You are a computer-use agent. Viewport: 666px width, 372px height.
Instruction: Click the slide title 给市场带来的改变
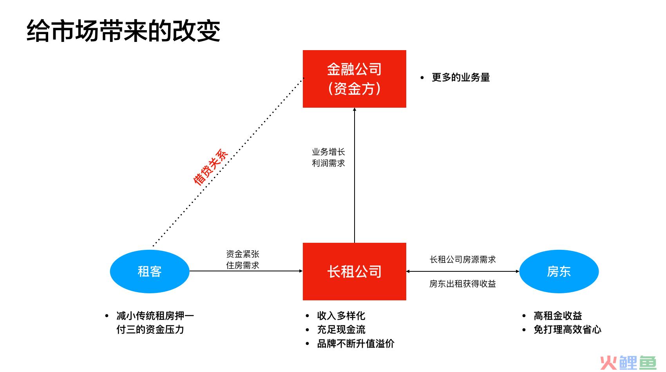tap(123, 31)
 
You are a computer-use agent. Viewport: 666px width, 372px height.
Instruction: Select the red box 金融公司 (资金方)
tap(355, 79)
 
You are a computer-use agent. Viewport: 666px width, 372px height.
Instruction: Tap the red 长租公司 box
tap(355, 272)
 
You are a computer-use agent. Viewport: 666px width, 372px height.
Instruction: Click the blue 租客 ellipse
tap(150, 272)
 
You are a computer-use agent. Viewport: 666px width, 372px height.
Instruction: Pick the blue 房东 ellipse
tap(559, 272)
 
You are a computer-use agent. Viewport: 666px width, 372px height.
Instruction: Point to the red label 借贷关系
tap(210, 167)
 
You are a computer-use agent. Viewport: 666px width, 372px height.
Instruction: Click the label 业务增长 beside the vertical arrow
tap(328, 152)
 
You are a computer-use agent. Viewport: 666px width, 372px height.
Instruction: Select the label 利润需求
tap(328, 163)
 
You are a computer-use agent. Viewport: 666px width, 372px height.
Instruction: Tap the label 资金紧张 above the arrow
tap(243, 254)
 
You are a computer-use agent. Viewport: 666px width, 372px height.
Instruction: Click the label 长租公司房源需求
tap(463, 260)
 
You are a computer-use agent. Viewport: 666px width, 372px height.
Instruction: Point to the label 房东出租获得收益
tap(463, 284)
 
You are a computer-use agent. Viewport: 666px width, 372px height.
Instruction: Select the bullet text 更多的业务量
tap(461, 78)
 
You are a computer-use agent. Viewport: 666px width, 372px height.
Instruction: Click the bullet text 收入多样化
tap(341, 316)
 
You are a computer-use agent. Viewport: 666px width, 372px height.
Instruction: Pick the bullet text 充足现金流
tap(341, 329)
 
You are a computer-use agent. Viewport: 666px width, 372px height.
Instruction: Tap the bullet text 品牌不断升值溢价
tap(356, 344)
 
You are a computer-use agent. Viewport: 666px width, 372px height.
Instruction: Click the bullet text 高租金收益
tap(557, 316)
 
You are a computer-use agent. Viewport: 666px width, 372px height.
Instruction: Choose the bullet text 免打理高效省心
tap(567, 329)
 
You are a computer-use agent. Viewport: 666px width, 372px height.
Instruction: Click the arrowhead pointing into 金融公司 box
tap(355, 109)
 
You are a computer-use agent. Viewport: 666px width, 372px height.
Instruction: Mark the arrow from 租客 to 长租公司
tap(246, 271)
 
